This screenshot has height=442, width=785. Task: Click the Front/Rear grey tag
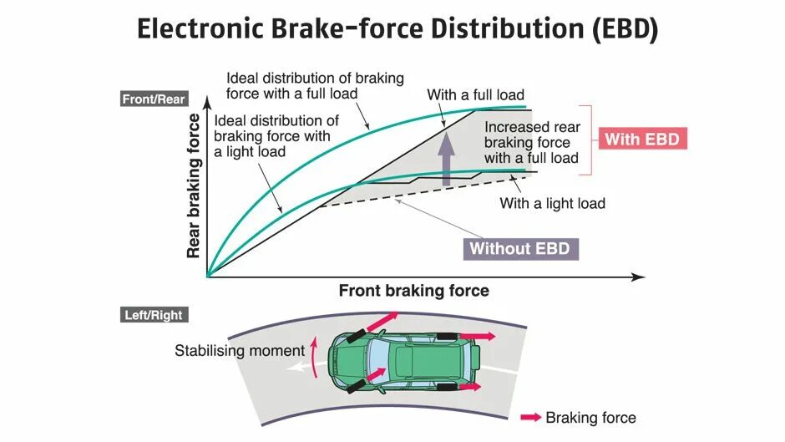click(154, 99)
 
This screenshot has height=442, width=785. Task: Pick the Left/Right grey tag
click(153, 315)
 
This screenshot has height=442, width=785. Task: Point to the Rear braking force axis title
click(194, 185)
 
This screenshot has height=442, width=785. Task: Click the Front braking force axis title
click(413, 291)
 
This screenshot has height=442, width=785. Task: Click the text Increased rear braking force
click(532, 142)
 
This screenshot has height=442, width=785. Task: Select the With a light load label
click(552, 203)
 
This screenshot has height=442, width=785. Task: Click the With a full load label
click(475, 94)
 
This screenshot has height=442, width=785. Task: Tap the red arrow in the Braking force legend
click(530, 417)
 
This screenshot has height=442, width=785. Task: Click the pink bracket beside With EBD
click(589, 140)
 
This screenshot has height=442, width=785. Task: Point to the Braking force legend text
click(590, 418)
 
